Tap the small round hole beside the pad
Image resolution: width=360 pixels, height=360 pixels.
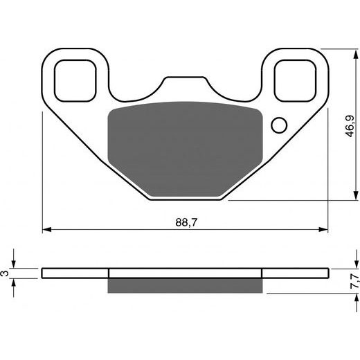(x=279, y=125)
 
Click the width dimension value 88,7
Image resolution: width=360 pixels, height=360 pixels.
(x=184, y=222)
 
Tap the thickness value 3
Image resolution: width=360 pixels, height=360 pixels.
(x=6, y=274)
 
